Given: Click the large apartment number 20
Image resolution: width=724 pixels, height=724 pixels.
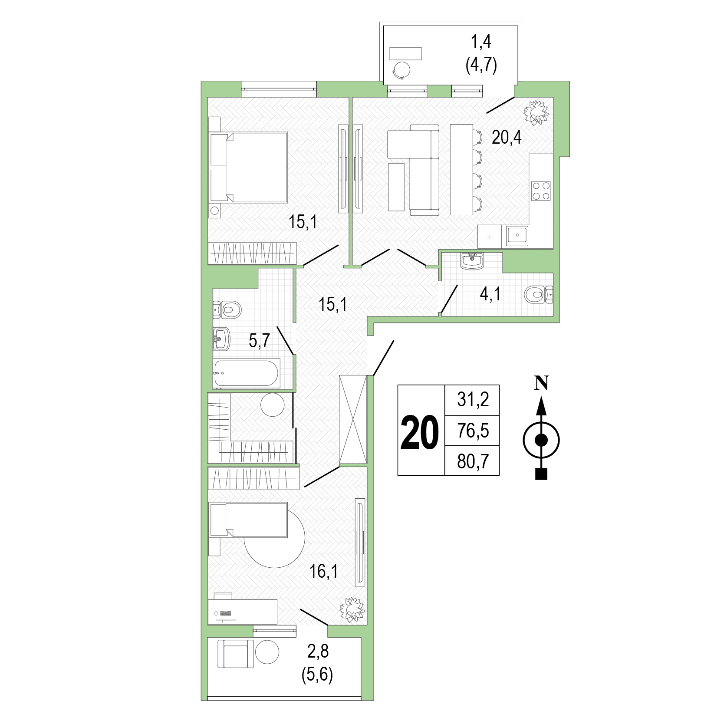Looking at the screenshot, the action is [420, 431].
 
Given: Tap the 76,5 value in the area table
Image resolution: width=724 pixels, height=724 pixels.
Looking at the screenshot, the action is [473, 431].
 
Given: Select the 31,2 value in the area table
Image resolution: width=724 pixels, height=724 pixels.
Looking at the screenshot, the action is [473, 399].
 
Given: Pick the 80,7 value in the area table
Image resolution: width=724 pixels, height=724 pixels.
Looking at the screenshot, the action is [473, 461].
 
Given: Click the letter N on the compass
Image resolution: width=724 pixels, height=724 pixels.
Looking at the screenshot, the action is [541, 383].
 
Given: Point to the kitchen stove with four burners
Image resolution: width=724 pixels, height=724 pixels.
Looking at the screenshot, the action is [541, 191].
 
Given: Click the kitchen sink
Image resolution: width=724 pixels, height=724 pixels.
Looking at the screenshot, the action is [517, 236].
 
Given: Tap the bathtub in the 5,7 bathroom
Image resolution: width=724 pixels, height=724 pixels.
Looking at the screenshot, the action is [246, 373].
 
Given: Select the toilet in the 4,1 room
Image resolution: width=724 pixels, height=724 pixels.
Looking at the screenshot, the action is [539, 295].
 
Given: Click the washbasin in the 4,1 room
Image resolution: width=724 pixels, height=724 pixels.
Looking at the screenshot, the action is [472, 261].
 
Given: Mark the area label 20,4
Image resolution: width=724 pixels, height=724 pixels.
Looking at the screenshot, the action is [507, 138].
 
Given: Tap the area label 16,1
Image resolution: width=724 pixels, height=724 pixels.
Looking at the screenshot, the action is [323, 572].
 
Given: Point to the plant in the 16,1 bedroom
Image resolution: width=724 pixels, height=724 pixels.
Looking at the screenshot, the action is [352, 609].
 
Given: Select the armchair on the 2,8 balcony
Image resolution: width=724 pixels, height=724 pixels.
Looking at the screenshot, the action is [235, 654].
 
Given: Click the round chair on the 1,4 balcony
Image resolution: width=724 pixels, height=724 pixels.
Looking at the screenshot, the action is [402, 70].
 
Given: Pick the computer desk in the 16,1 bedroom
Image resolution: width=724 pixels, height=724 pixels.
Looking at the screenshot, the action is [242, 612].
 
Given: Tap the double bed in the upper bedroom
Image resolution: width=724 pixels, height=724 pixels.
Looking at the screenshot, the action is [248, 168].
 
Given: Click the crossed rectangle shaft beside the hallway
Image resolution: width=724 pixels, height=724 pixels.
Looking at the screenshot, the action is [353, 420].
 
